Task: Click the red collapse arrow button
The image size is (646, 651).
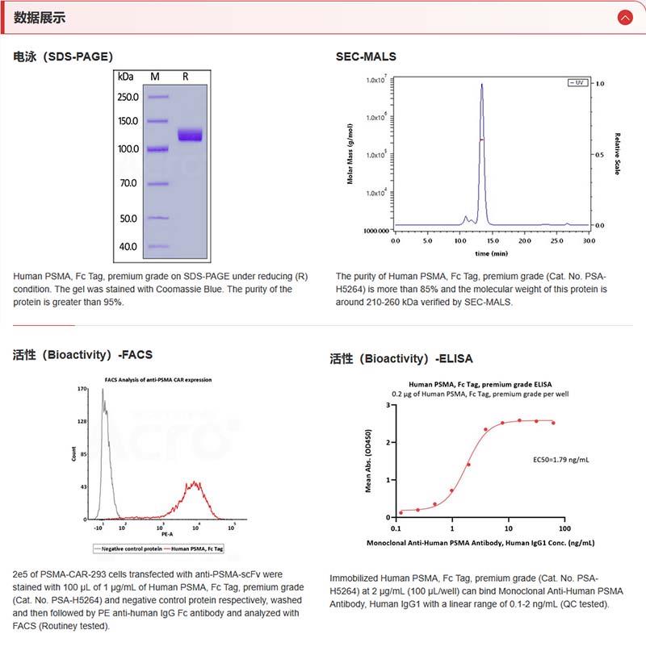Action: tap(624, 17)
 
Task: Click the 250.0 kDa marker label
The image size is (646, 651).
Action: tap(128, 97)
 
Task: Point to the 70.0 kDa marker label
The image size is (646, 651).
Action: tap(128, 183)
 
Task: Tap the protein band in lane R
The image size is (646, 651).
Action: tap(191, 135)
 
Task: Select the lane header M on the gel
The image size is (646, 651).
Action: tap(155, 77)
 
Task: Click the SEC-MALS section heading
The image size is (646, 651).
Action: tap(366, 56)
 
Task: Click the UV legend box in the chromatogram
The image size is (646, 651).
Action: tap(577, 83)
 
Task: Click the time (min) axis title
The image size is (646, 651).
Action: tap(491, 253)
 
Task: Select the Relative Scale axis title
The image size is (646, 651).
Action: tap(617, 154)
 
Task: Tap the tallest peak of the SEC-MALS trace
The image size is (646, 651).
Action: tap(482, 85)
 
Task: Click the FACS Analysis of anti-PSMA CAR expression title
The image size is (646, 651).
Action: tap(158, 379)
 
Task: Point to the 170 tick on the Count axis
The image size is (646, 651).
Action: tap(82, 390)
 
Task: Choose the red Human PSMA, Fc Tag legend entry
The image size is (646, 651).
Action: tap(193, 548)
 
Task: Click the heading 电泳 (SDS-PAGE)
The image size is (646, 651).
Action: tap(63, 56)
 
